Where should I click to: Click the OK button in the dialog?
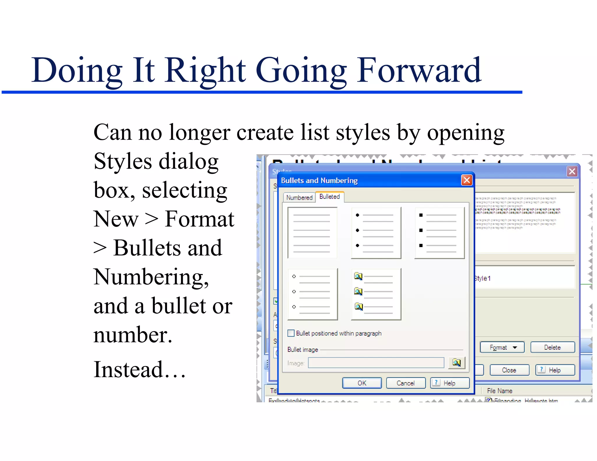click(361, 383)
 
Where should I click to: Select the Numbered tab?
click(299, 197)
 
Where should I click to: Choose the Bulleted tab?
click(329, 197)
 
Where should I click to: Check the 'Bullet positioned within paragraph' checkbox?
click(291, 333)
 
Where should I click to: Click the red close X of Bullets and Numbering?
click(466, 180)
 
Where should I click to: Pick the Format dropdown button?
click(502, 347)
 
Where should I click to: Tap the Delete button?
click(552, 347)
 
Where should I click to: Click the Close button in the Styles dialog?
click(509, 370)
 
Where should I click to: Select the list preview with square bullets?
click(439, 233)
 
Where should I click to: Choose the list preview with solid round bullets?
click(376, 233)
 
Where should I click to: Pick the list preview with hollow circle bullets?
click(312, 294)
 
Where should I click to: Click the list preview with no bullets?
click(312, 233)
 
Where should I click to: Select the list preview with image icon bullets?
click(376, 294)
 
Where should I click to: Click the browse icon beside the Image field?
click(456, 363)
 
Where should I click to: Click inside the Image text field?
click(376, 363)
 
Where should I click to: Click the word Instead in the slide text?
click(128, 369)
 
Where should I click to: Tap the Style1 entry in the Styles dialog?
click(483, 278)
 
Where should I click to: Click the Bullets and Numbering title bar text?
click(319, 180)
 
